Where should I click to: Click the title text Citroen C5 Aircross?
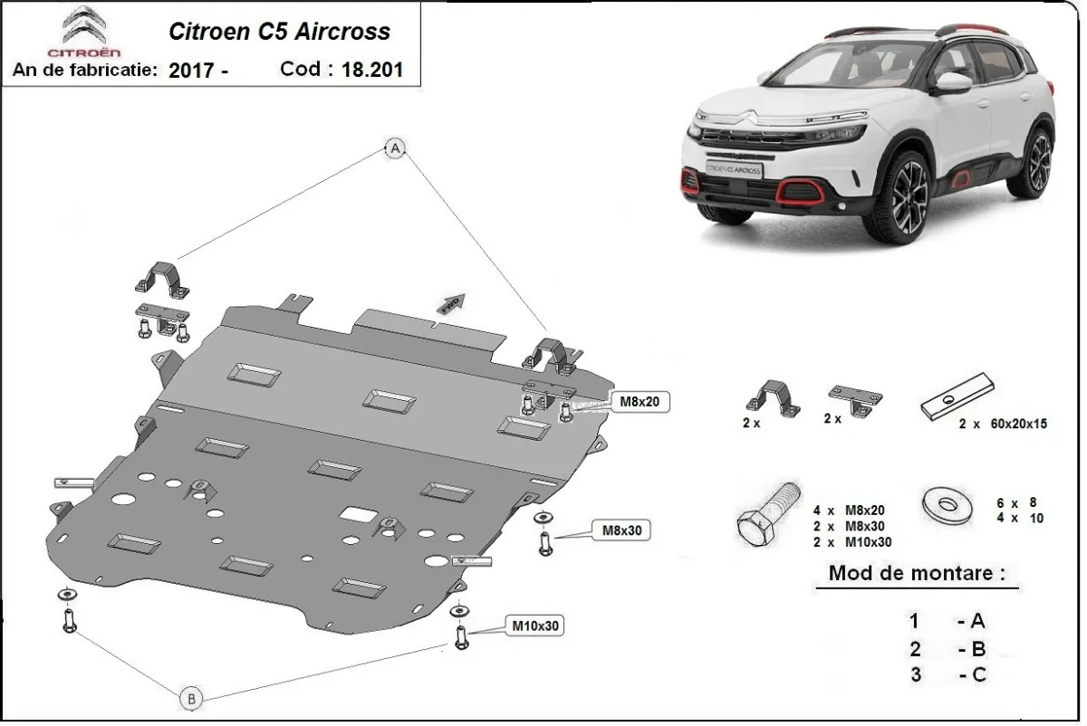coord(280,32)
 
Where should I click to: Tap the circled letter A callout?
coord(395,149)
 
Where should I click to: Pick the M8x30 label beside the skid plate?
coord(620,530)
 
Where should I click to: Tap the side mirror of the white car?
coord(951,84)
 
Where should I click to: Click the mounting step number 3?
coord(915,674)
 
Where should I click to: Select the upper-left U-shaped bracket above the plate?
coord(162,276)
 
